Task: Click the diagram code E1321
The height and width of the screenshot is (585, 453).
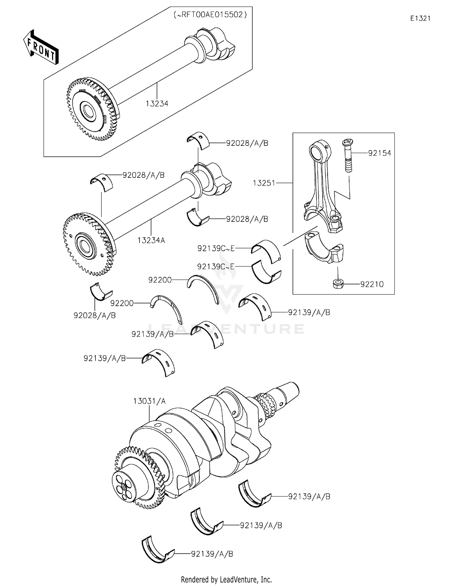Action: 420,18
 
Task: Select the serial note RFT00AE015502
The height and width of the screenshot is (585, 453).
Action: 210,15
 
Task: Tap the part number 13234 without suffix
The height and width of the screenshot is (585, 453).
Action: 157,104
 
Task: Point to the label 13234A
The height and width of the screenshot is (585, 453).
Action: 151,240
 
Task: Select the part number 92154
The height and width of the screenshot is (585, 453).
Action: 379,153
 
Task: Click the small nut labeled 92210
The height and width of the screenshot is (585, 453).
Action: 338,284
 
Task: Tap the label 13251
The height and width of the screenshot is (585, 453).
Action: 264,183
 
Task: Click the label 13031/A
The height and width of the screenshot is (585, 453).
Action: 149,401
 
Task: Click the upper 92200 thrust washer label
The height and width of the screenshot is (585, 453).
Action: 160,280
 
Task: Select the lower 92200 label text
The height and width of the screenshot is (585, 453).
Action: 122,303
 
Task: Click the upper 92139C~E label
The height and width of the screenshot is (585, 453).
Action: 216,248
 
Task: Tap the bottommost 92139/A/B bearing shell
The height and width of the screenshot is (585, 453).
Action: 157,552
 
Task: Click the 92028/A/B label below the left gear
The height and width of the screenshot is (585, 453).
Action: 95,315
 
